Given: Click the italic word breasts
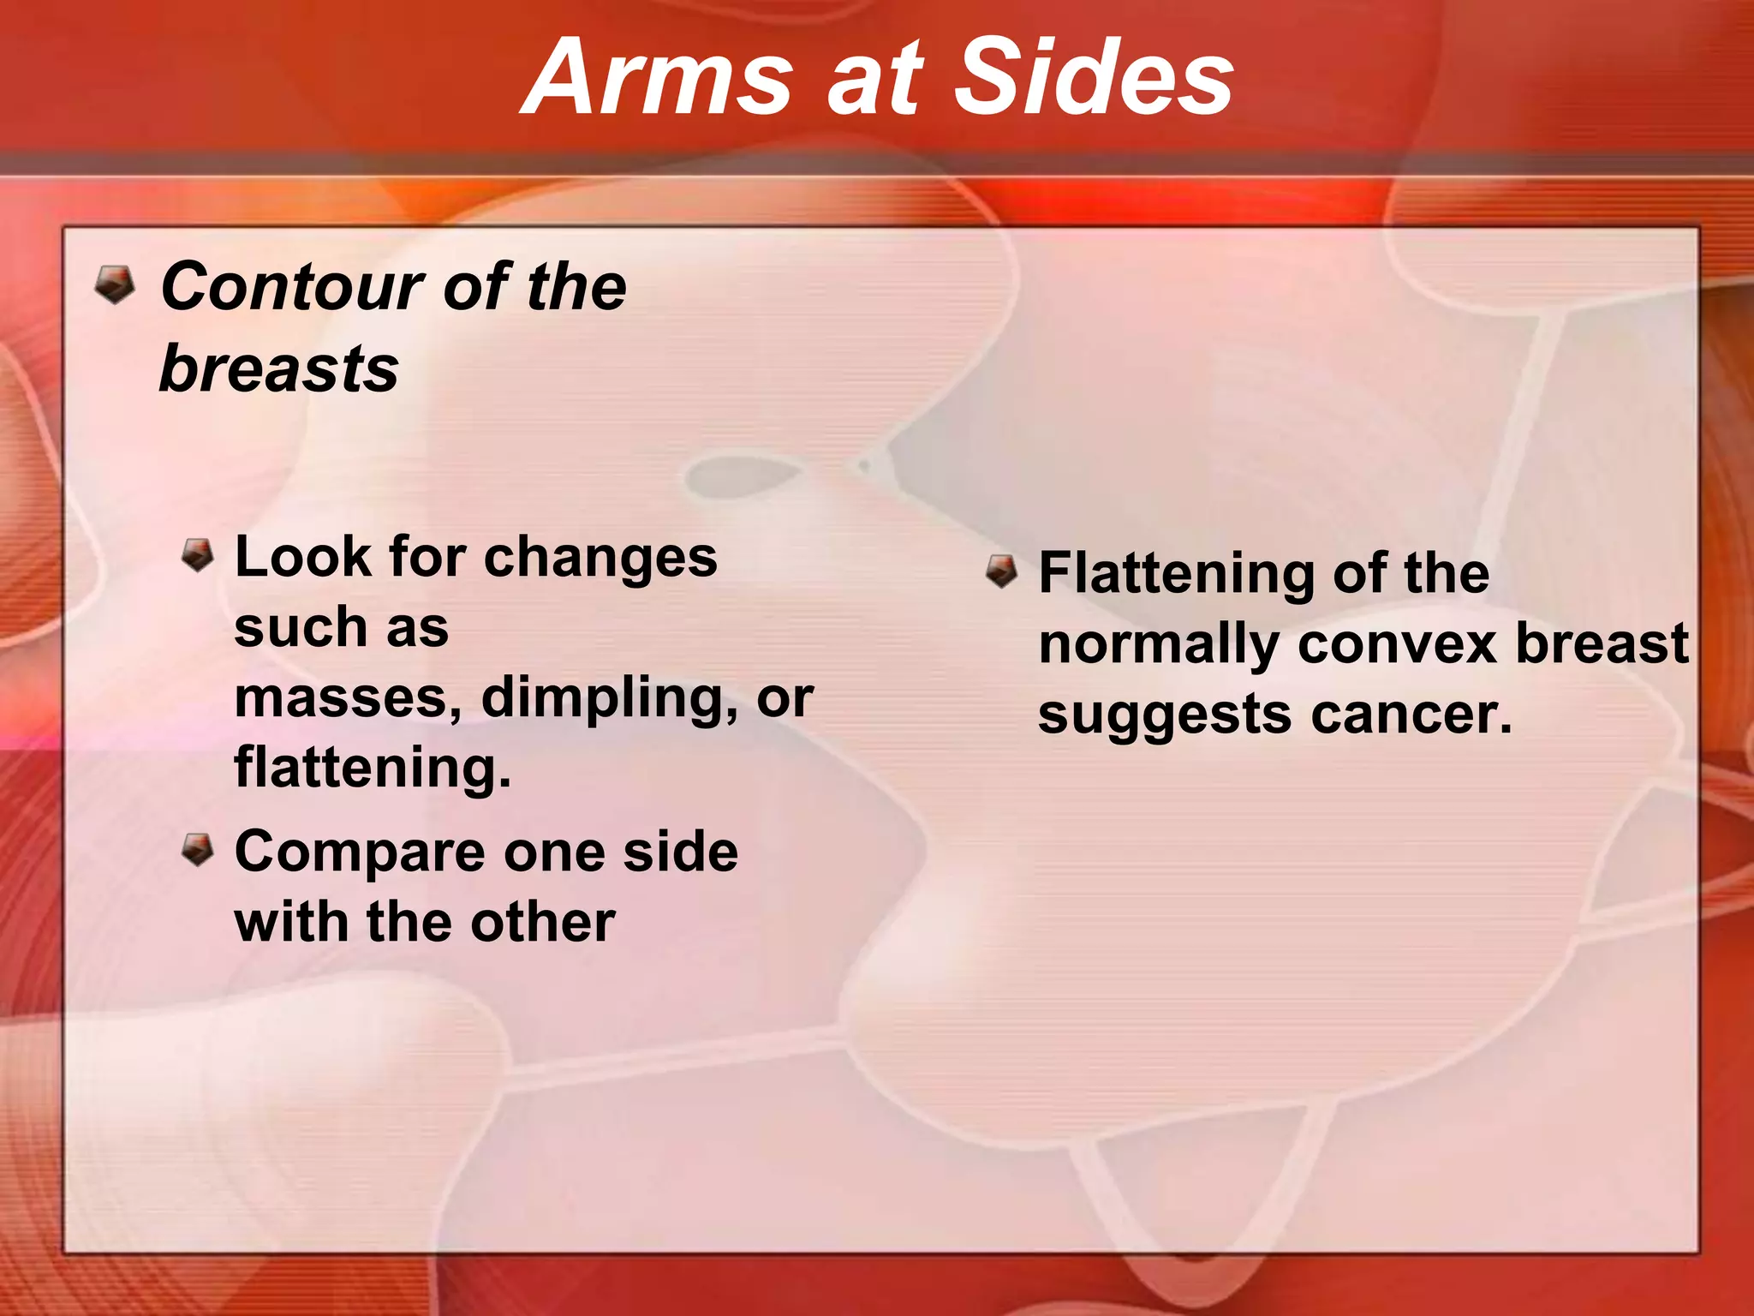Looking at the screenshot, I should [x=279, y=368].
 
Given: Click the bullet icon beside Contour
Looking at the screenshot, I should [x=115, y=284].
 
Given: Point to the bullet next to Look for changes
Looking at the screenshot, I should [x=198, y=555].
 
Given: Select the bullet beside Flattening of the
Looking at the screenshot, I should [x=1001, y=571].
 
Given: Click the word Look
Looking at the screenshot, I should [x=301, y=557].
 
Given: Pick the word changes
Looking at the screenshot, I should [x=600, y=559].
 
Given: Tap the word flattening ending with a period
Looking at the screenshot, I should [x=373, y=767].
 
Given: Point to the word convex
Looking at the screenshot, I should [x=1398, y=643].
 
